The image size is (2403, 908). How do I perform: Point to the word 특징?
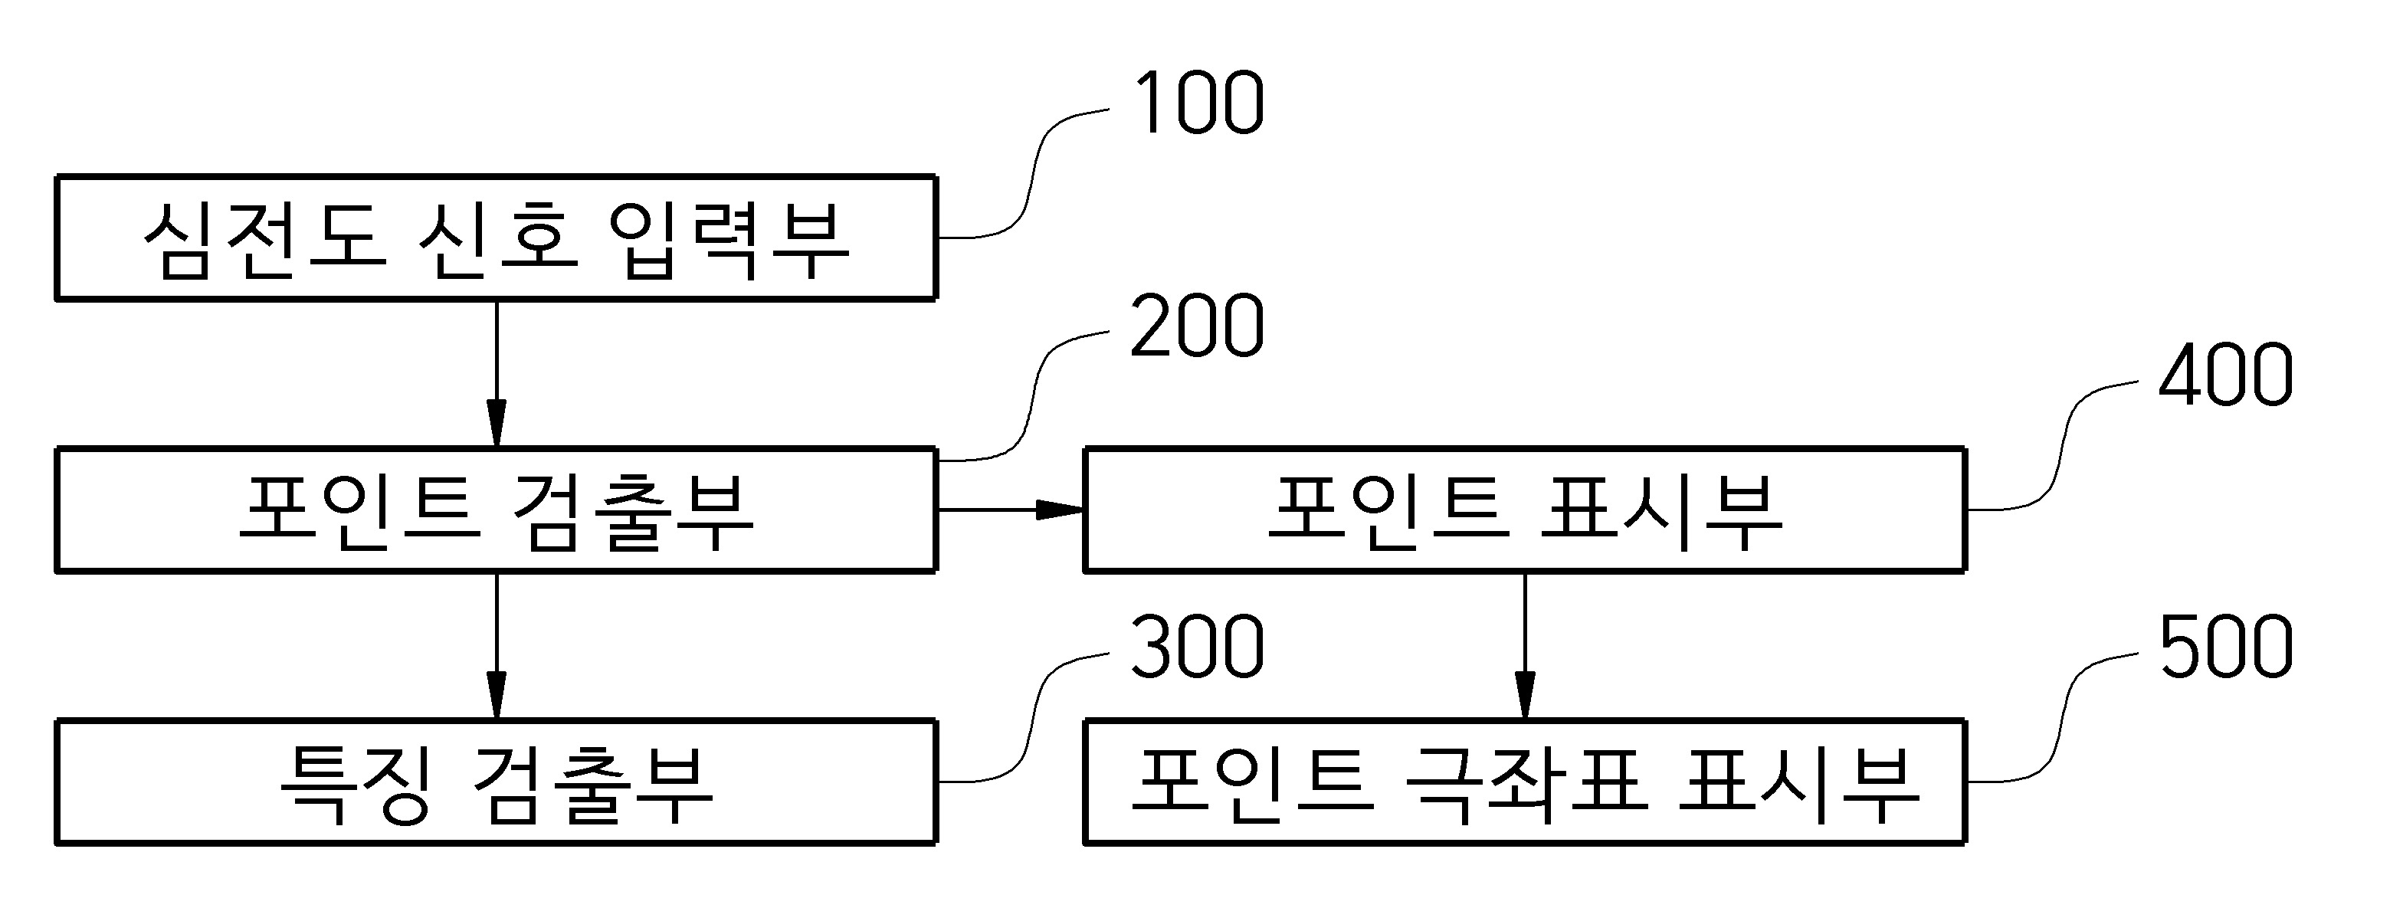coord(356,783)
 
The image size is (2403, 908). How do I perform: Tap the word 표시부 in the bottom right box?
coord(1798,783)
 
